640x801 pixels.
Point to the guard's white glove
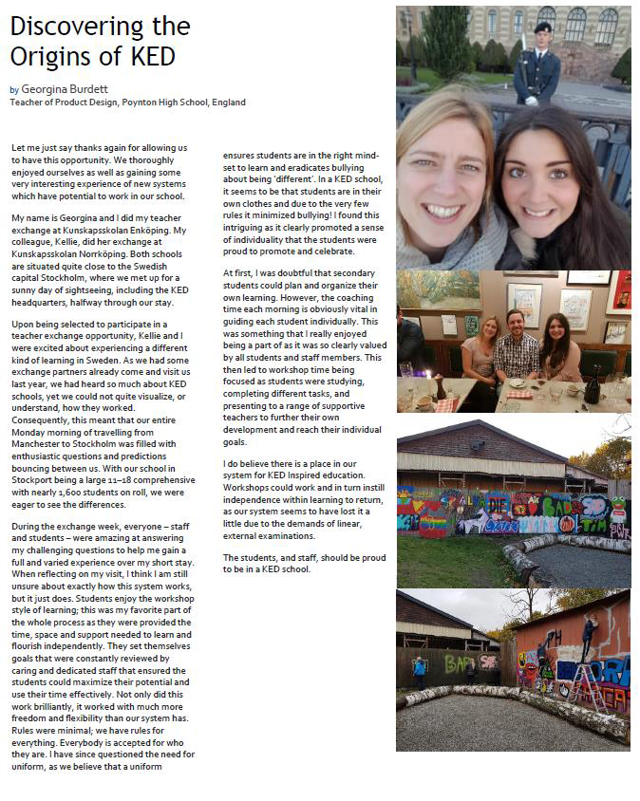(x=532, y=99)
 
